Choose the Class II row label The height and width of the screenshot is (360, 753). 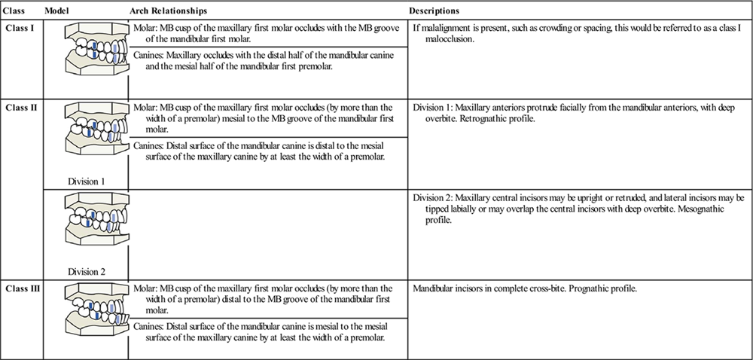coord(20,108)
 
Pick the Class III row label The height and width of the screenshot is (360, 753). coord(22,288)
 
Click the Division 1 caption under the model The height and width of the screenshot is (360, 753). coord(87,182)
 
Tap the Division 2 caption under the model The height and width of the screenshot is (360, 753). coord(87,272)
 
